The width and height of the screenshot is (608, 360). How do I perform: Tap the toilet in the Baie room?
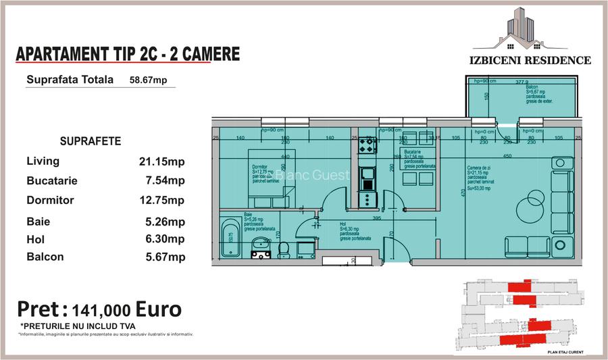coord(284,249)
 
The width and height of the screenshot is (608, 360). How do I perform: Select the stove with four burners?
coord(367,145)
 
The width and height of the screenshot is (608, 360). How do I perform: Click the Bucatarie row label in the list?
coord(52,181)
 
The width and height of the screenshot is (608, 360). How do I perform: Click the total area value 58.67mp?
coord(148,80)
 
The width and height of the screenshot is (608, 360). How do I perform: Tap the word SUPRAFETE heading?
coord(91,142)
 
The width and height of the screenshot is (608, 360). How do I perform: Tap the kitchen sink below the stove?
coord(368,178)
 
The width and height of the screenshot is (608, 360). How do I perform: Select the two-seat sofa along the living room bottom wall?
coord(528,245)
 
